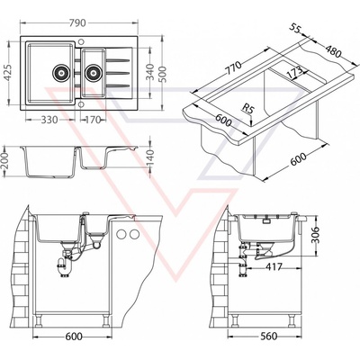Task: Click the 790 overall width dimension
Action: click(77, 23)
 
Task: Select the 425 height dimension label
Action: click(7, 74)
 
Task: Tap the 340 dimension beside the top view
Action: click(150, 72)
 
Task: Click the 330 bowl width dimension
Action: click(49, 120)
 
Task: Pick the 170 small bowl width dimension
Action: click(92, 120)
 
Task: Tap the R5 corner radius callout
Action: click(248, 109)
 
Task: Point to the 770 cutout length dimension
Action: click(233, 69)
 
